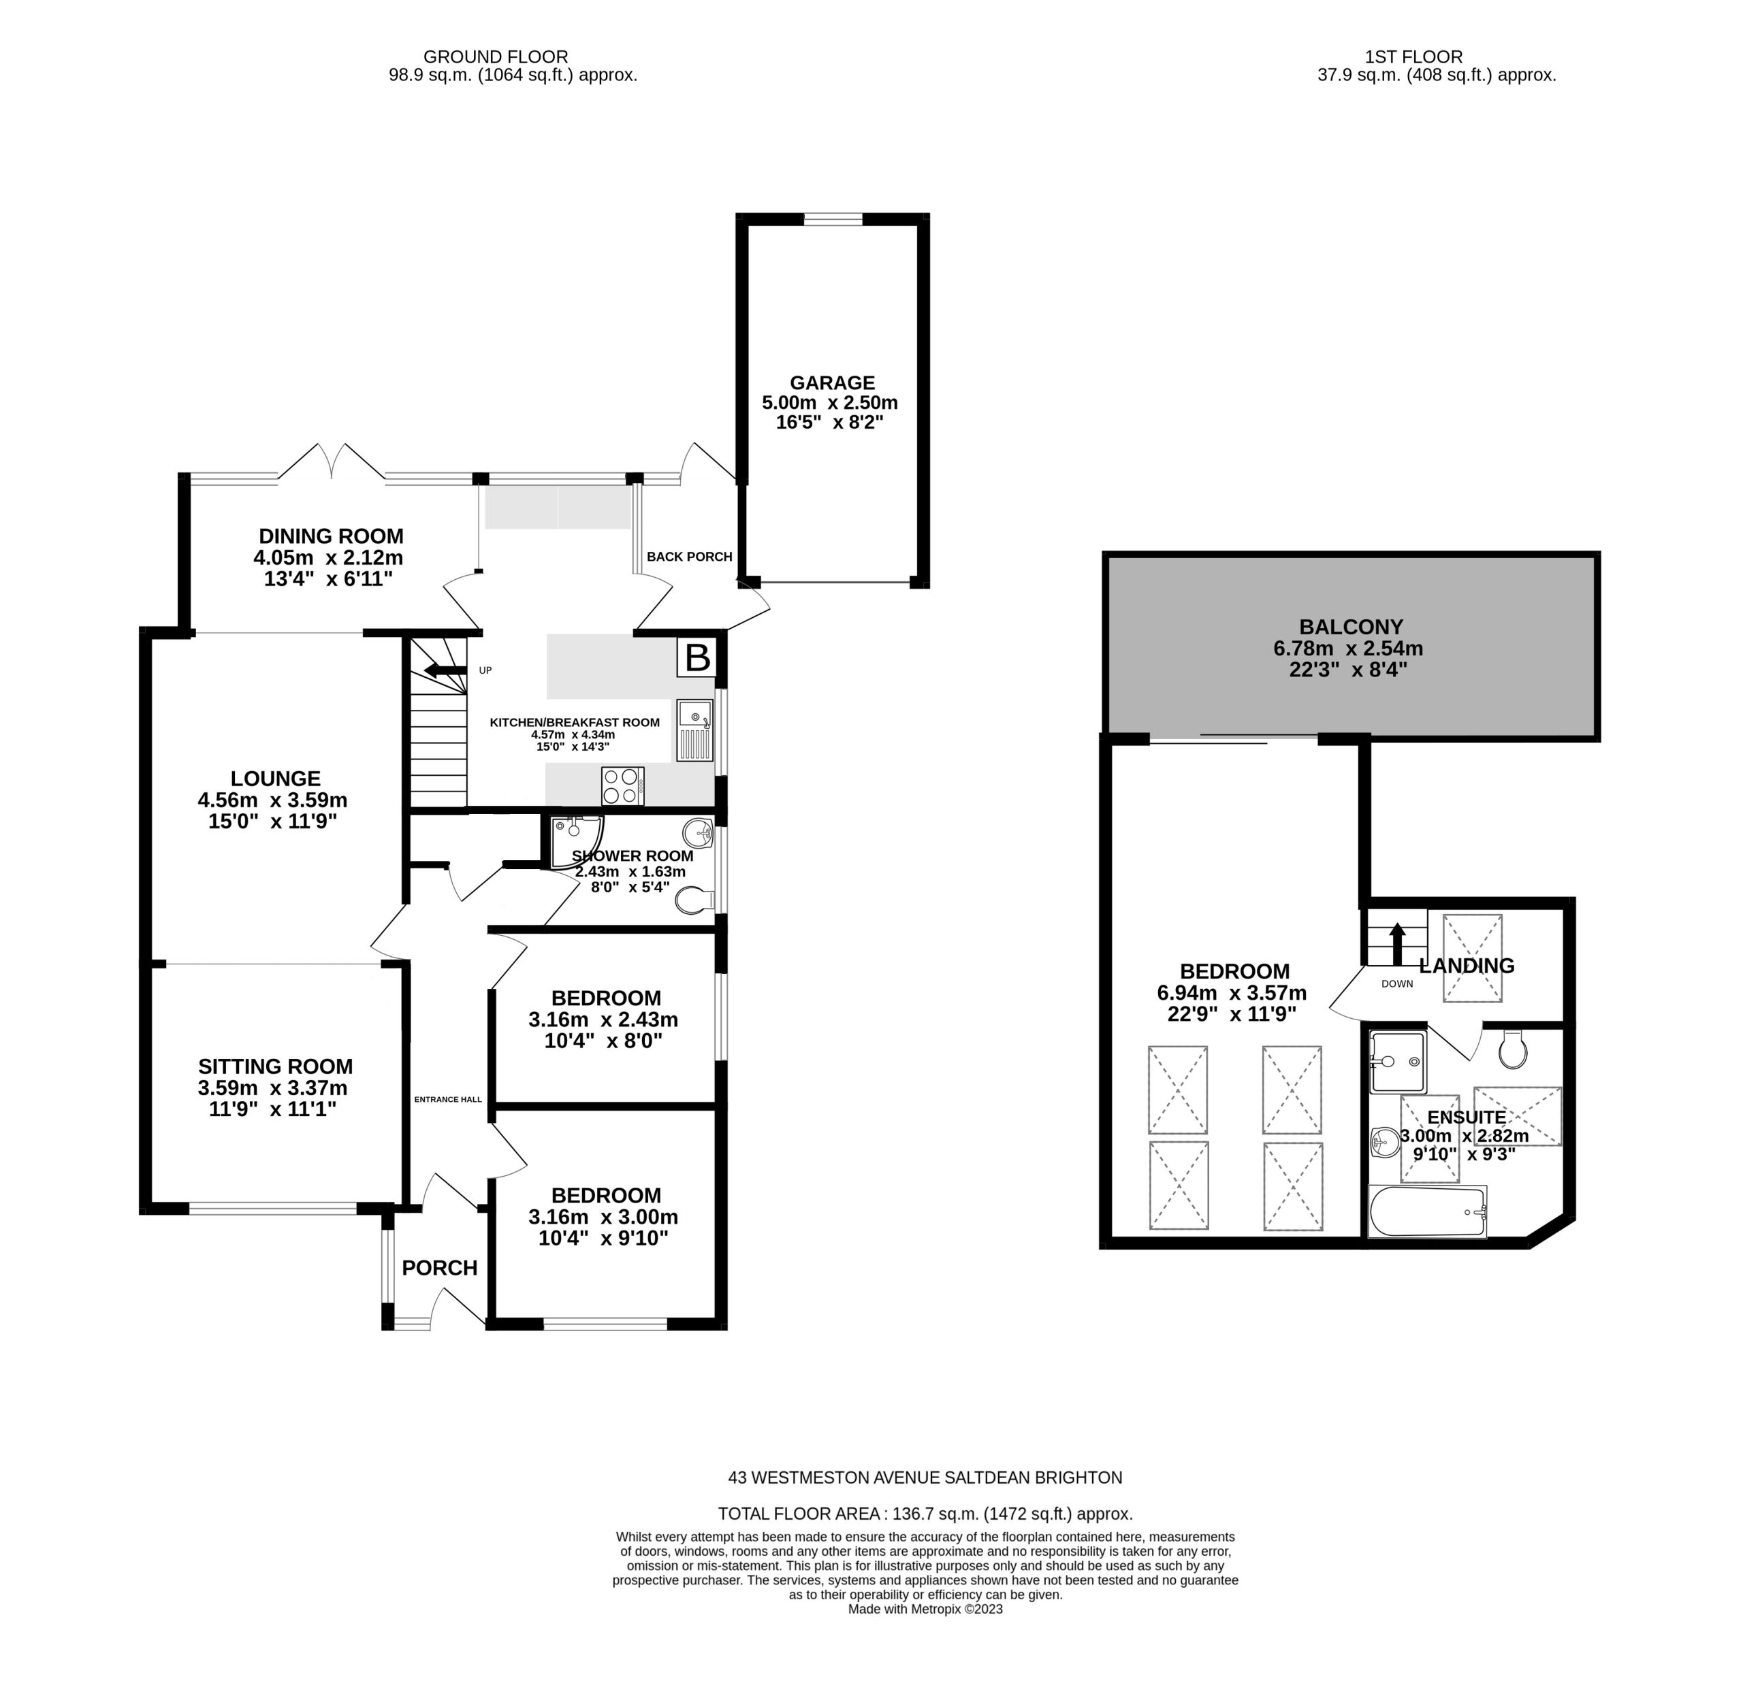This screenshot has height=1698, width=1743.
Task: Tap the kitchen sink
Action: (x=695, y=730)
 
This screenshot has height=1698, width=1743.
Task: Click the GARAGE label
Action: (x=831, y=382)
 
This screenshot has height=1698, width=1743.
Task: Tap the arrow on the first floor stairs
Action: (x=1397, y=943)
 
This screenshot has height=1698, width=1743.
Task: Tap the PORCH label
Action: (x=440, y=1267)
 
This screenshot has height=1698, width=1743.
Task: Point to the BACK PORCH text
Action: (x=690, y=557)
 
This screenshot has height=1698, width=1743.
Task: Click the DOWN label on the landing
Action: (x=1397, y=983)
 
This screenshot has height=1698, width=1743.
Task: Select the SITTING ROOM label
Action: (x=276, y=1066)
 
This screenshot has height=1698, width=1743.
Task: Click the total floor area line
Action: (x=925, y=1514)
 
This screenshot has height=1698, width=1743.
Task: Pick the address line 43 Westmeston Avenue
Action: (x=925, y=1477)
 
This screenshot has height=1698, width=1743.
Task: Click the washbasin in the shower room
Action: (x=698, y=834)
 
